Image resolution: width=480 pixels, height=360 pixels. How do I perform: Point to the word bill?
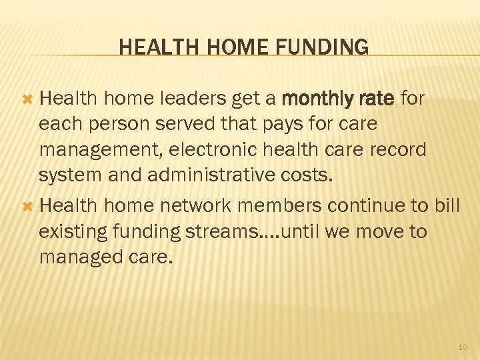[x=446, y=206]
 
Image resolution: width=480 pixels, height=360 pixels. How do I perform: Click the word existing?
[x=74, y=231]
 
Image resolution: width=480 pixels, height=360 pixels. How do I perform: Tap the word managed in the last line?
[x=79, y=257]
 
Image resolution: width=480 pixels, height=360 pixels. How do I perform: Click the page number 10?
[x=463, y=347]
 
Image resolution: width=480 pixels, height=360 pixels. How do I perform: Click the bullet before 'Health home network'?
[x=27, y=206]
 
